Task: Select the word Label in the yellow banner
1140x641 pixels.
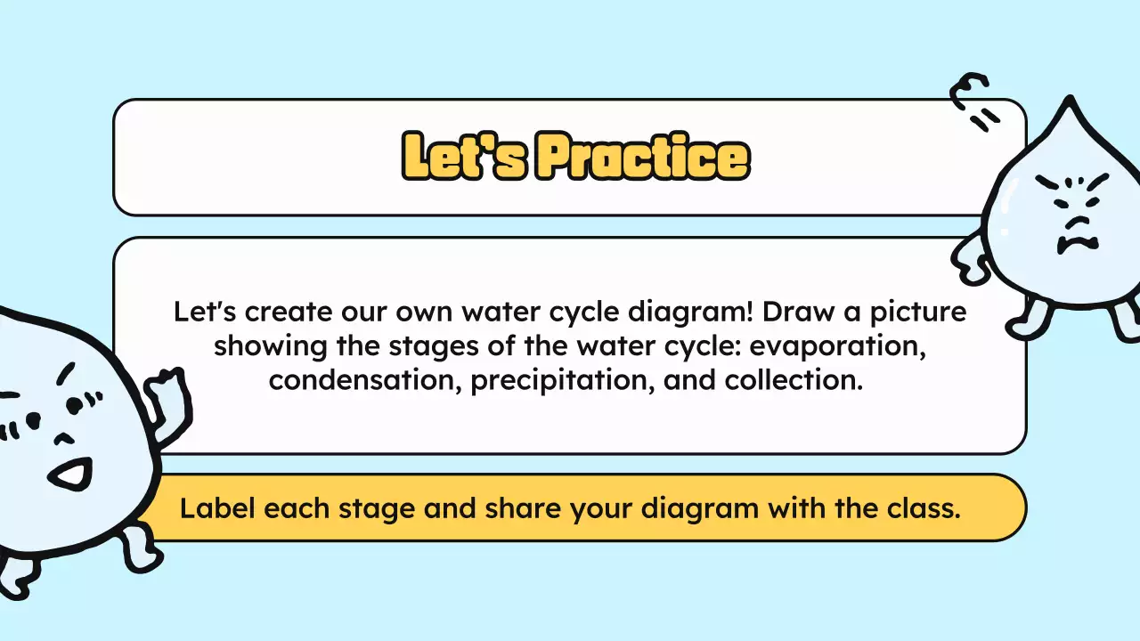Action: point(218,508)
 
